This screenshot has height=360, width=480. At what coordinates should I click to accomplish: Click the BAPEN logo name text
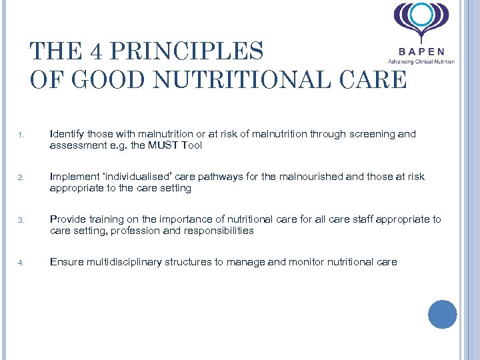tap(422, 51)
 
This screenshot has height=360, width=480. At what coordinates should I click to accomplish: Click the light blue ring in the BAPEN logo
tap(421, 15)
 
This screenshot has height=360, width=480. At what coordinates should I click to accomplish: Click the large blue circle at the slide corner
tap(442, 315)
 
